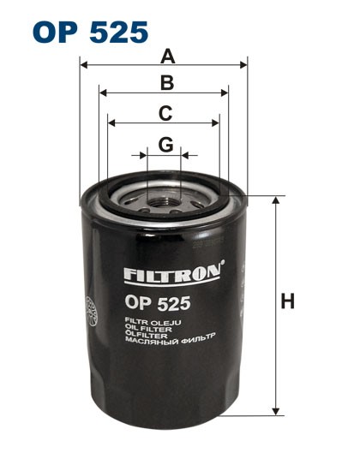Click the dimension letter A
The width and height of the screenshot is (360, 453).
(168, 57)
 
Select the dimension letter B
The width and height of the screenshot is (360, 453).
(167, 83)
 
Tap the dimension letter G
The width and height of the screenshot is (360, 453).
(165, 145)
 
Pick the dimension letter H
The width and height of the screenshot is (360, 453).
(288, 301)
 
